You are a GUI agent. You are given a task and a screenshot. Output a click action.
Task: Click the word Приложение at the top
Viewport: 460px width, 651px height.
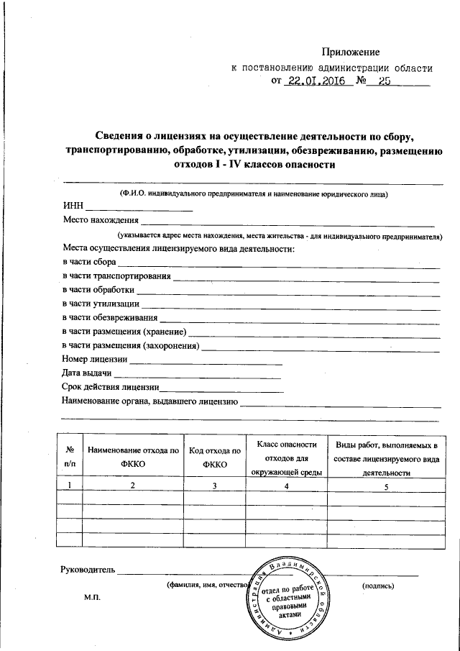coord(350,52)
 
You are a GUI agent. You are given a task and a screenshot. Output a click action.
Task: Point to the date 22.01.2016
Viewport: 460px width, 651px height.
coord(314,81)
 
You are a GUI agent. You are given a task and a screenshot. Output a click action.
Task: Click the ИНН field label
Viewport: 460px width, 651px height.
coord(73,207)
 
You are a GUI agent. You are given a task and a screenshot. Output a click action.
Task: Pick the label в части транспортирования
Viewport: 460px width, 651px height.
coord(116,276)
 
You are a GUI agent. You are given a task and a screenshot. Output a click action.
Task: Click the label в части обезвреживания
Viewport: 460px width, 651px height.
coord(110,317)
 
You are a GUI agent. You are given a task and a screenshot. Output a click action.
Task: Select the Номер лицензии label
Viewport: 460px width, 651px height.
coord(95,359)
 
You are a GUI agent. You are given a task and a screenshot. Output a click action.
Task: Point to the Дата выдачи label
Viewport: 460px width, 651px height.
coord(87,373)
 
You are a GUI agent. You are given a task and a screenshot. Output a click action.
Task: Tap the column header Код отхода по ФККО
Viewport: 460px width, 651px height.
coord(215,457)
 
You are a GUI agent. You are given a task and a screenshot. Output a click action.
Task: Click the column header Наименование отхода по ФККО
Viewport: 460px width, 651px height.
coord(134,457)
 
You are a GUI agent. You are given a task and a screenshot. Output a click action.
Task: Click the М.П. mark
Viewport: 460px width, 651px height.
coord(93,598)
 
